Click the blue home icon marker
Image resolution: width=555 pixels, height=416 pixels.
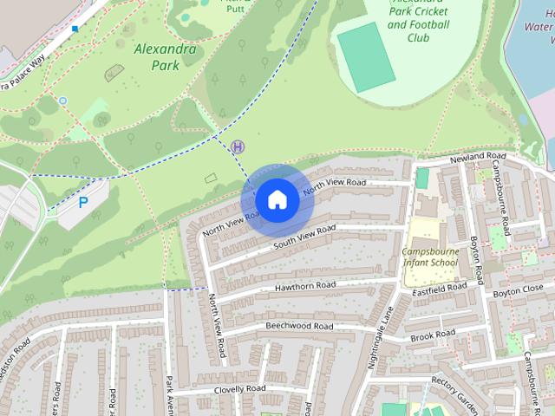click(x=277, y=200)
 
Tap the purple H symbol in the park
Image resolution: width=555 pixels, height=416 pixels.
click(x=238, y=147)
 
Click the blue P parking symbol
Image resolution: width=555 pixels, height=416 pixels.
click(x=83, y=203)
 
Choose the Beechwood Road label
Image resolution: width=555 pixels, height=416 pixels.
click(x=298, y=326)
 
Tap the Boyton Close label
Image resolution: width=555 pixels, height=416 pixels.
click(x=518, y=288)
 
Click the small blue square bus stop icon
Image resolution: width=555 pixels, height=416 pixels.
click(x=75, y=29)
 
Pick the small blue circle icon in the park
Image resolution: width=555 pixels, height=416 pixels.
click(x=62, y=101)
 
